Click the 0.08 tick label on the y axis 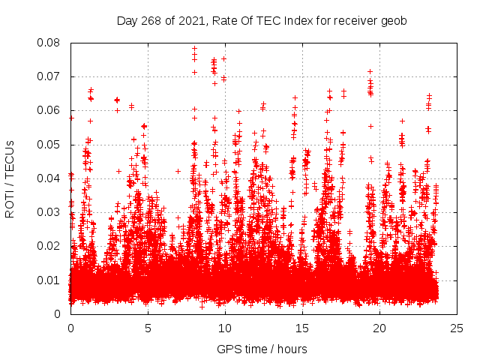pyautogui.click(x=49, y=43)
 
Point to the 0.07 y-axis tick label pyautogui.click(x=49, y=76)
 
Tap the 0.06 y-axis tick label pyautogui.click(x=49, y=110)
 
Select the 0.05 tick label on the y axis pyautogui.click(x=49, y=144)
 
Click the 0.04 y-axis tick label pyautogui.click(x=49, y=178)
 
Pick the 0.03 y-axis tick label pyautogui.click(x=49, y=212)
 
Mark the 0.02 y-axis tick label pyautogui.click(x=49, y=246)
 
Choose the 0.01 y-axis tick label pyautogui.click(x=49, y=280)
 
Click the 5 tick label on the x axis pyautogui.click(x=148, y=328)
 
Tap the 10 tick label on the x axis pyautogui.click(x=225, y=328)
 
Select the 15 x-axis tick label pyautogui.click(x=302, y=328)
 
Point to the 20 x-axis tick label pyautogui.click(x=379, y=328)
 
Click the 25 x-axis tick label pyautogui.click(x=457, y=328)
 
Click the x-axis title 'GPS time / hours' pyautogui.click(x=262, y=349)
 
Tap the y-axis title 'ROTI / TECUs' pyautogui.click(x=10, y=178)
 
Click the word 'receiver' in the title pyautogui.click(x=352, y=21)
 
